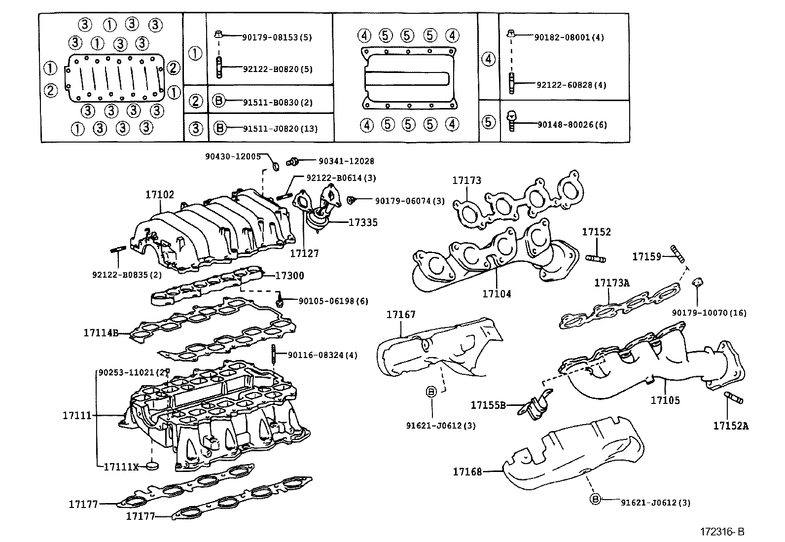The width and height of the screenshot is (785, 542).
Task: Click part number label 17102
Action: (159, 195)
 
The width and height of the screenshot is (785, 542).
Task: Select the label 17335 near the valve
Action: (363, 223)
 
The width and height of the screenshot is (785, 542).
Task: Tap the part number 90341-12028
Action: (346, 161)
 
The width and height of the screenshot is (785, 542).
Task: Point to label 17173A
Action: (612, 283)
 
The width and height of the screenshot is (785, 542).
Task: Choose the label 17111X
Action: (121, 466)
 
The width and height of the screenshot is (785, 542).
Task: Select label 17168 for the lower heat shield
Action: (467, 472)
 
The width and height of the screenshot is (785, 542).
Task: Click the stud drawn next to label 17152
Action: (595, 257)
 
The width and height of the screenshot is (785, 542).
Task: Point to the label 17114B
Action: (101, 333)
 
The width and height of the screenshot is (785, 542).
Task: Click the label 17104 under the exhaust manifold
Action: (497, 294)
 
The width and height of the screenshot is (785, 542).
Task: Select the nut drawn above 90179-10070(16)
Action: (698, 283)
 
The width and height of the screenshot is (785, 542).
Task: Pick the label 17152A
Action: (730, 426)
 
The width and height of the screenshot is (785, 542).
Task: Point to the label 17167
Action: (401, 315)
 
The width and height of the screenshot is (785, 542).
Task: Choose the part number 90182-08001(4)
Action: (570, 37)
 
